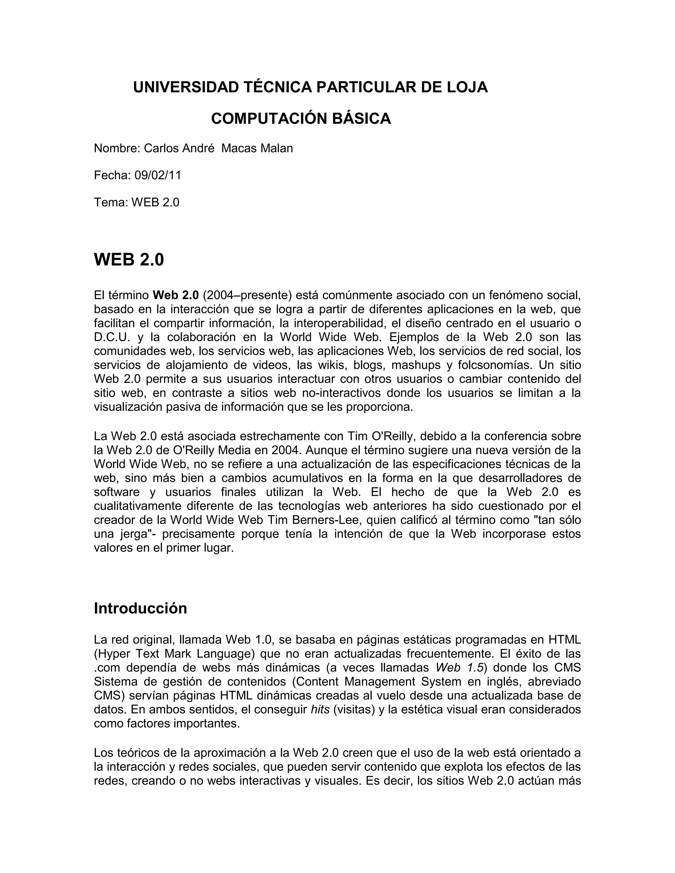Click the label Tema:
(111, 202)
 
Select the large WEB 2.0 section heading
(129, 260)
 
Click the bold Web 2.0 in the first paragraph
(176, 296)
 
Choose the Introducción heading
(140, 608)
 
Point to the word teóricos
(139, 753)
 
